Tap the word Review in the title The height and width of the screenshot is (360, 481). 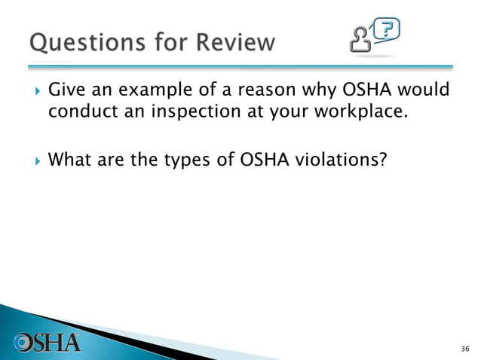point(234,42)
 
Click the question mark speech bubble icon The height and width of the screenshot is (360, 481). point(386,29)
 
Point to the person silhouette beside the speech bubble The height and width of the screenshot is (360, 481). point(360,38)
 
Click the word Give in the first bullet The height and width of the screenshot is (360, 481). point(66,91)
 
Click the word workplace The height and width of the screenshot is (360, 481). point(348,114)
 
